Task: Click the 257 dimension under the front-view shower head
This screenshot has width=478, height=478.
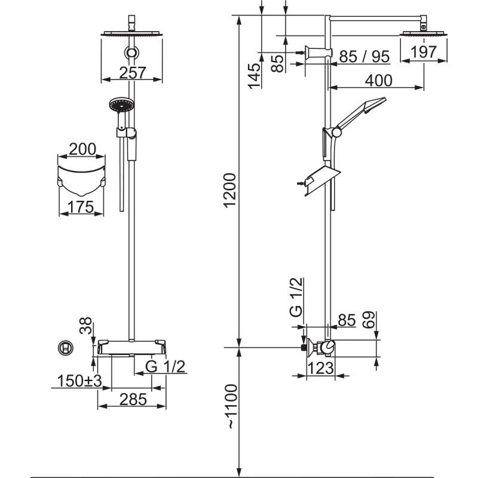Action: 133,72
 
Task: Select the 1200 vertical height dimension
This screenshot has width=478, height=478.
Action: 230,190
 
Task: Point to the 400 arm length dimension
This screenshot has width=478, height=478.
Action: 379,81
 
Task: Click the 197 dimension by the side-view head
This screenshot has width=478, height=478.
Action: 424,52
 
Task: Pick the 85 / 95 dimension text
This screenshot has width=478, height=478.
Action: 364,57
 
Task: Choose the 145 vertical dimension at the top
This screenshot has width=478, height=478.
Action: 255,76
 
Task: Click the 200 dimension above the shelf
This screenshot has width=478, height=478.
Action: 82,149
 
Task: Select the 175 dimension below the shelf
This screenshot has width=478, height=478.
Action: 81,207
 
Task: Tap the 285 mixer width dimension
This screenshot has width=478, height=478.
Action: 133,399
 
